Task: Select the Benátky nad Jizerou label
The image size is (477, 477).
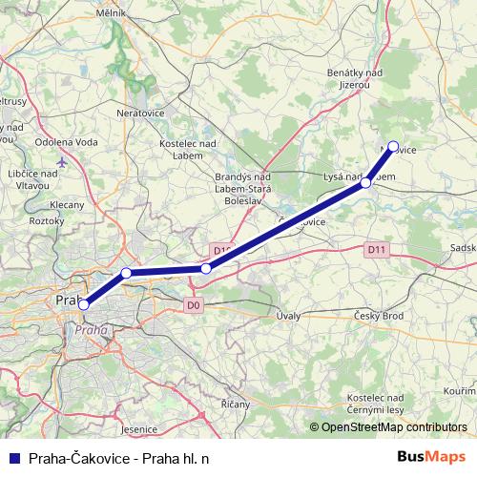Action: click(x=355, y=79)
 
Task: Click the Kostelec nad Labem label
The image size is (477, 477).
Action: click(x=187, y=149)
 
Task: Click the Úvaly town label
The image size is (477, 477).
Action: click(x=287, y=315)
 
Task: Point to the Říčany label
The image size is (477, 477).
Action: click(x=236, y=404)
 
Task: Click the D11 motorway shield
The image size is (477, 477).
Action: click(x=378, y=249)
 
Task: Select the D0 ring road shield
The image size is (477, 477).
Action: click(x=194, y=305)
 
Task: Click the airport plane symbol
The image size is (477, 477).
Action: click(x=63, y=162)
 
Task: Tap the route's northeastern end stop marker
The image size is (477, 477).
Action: click(x=393, y=147)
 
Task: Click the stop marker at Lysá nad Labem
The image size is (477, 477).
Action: click(x=366, y=182)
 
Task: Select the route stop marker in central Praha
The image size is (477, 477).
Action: click(x=84, y=304)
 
